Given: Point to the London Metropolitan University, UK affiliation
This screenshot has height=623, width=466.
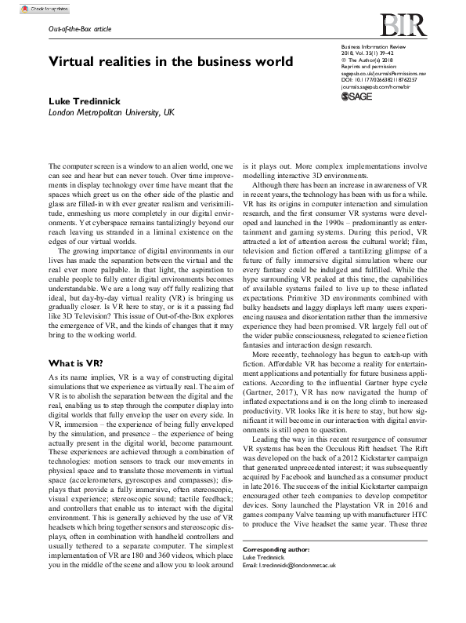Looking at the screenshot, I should pos(111,113).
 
